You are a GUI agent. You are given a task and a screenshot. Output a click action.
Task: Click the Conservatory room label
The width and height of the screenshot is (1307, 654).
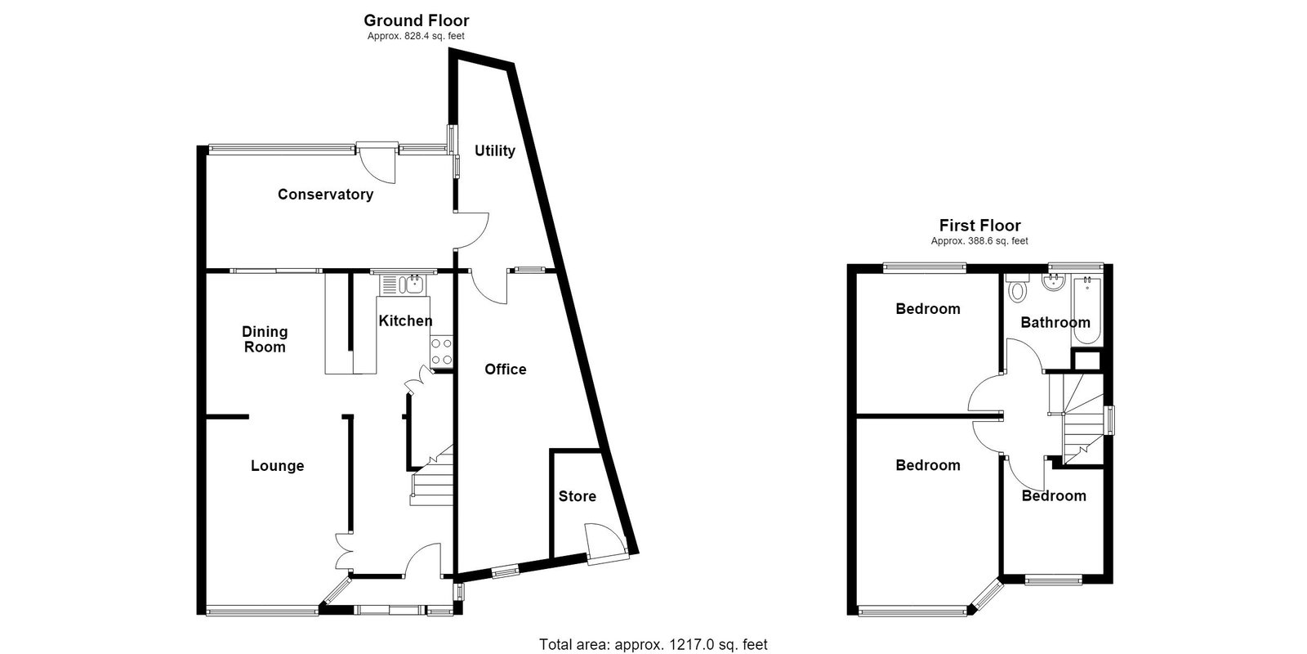pyautogui.click(x=325, y=195)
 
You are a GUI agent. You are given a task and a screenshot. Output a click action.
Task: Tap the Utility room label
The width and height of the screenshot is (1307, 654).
pyautogui.click(x=495, y=150)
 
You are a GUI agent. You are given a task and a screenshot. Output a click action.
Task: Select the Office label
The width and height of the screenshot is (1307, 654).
pyautogui.click(x=506, y=369)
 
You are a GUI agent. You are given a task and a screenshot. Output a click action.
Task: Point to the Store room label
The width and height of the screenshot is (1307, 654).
pyautogui.click(x=577, y=496)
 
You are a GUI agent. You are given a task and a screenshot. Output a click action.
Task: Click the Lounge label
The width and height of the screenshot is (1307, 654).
pyautogui.click(x=277, y=466)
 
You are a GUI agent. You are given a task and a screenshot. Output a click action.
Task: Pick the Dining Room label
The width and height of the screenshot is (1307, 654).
pyautogui.click(x=265, y=339)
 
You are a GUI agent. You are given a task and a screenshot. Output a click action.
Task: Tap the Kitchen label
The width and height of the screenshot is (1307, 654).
pyautogui.click(x=405, y=320)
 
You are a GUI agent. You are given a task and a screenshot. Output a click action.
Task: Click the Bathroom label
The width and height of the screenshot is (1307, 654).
pyautogui.click(x=1055, y=322)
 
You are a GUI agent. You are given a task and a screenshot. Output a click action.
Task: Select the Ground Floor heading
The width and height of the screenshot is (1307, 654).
pyautogui.click(x=416, y=20)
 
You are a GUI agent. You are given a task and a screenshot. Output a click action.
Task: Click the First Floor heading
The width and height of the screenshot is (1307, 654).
pyautogui.click(x=979, y=226)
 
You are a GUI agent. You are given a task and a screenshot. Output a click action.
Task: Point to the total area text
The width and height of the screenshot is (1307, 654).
pyautogui.click(x=653, y=644)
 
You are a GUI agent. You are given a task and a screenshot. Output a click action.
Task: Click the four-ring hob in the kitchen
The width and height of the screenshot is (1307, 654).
pyautogui.click(x=441, y=352)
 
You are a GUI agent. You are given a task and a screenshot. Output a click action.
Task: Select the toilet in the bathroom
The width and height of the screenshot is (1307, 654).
pyautogui.click(x=1017, y=287)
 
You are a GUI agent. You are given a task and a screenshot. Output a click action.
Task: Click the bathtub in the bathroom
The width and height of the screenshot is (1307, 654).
pyautogui.click(x=1086, y=311)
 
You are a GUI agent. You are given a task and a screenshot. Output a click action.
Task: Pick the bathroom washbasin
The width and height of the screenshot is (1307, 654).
pyautogui.click(x=1054, y=283)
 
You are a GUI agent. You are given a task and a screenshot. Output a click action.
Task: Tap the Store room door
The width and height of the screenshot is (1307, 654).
pyautogui.click(x=607, y=544)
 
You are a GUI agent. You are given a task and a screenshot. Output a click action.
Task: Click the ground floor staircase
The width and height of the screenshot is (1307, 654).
pyautogui.click(x=432, y=476)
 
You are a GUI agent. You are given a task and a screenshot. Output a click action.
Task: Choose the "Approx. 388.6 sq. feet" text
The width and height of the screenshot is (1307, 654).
pyautogui.click(x=979, y=241)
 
